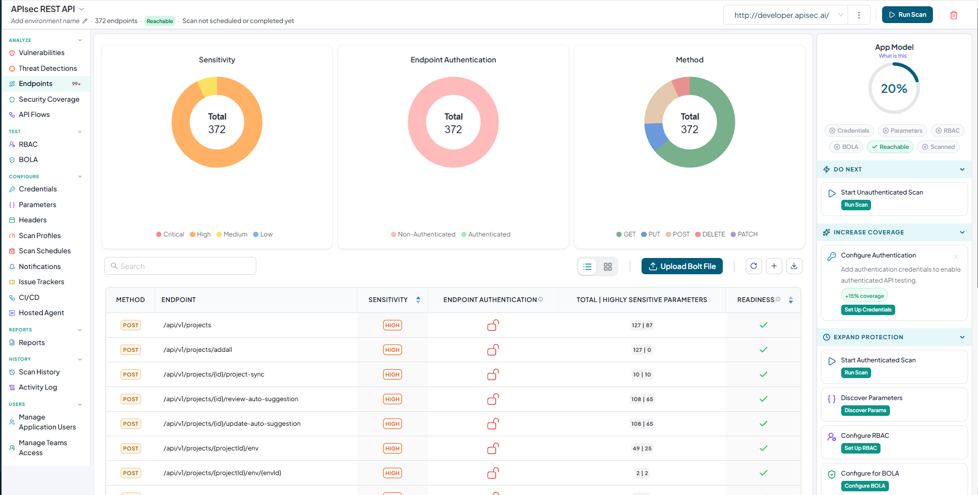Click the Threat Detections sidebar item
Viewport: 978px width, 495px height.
(47, 68)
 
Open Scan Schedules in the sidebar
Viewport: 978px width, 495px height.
(45, 251)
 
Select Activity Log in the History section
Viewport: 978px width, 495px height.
(38, 387)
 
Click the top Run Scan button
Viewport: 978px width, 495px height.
(907, 15)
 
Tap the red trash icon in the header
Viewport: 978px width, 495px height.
(954, 15)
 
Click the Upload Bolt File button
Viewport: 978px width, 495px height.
(682, 266)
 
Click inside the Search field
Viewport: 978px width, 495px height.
(180, 266)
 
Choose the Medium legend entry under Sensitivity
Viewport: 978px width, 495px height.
(232, 234)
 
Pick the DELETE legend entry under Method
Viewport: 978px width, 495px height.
(710, 234)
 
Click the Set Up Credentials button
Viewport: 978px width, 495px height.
(868, 310)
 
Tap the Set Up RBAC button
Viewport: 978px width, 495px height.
(861, 448)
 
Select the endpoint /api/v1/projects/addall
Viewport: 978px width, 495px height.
(198, 350)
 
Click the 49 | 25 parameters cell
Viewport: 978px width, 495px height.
(642, 448)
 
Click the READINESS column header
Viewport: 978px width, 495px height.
(756, 300)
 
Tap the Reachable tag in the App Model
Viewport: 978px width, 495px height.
(890, 147)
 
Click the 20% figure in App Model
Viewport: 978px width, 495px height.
(894, 89)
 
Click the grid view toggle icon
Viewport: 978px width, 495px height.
(608, 267)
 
